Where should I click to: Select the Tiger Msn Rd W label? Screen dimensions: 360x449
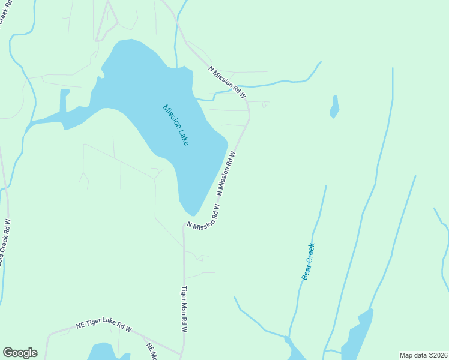click(x=185, y=310)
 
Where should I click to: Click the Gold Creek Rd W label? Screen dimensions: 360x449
click(x=5, y=243)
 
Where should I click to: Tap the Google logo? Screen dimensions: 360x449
click(x=20, y=353)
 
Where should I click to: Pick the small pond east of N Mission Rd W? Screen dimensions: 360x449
click(x=334, y=107)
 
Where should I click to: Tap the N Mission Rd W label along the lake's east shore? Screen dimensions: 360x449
click(x=226, y=173)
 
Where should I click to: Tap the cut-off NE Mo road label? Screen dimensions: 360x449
click(x=151, y=352)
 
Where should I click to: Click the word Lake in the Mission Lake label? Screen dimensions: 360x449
click(x=184, y=136)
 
